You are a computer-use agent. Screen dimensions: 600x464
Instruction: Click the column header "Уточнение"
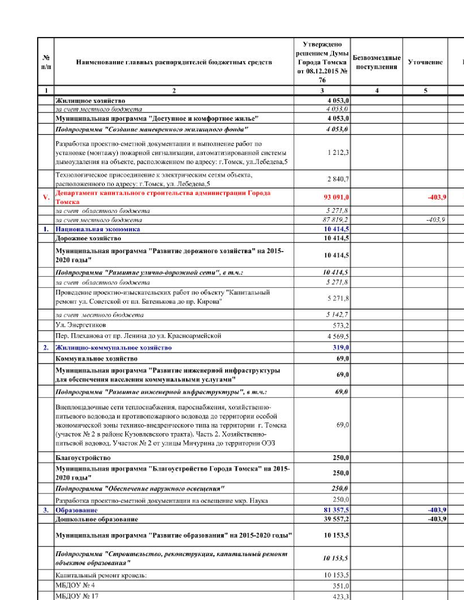point(425,62)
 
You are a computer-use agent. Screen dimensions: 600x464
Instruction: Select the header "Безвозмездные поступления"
point(376,62)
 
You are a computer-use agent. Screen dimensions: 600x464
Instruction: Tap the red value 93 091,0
point(336,197)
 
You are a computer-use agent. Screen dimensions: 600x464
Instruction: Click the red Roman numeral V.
point(46,197)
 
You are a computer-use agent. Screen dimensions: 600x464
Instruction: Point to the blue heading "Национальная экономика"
point(98,229)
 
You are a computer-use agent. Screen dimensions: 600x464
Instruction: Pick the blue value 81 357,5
point(336,510)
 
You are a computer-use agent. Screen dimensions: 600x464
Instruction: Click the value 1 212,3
point(338,152)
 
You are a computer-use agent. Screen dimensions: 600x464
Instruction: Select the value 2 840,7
point(338,179)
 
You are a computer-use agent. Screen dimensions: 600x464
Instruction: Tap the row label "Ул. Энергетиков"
point(80,325)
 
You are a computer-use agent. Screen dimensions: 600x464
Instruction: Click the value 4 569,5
point(338,336)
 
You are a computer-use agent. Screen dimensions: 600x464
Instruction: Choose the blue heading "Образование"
point(76,510)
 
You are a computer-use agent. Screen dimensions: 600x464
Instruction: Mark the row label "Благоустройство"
point(83,458)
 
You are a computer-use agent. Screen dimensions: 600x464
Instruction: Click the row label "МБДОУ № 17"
point(77,596)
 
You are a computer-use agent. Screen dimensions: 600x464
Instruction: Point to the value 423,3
point(341,596)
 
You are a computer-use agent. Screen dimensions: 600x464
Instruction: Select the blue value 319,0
point(341,348)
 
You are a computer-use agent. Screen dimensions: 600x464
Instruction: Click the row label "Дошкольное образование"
point(96,519)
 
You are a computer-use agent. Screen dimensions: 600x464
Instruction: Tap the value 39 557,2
point(336,519)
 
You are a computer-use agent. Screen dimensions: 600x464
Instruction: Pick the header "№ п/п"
point(46,62)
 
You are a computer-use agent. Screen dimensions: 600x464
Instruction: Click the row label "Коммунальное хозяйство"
point(96,359)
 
